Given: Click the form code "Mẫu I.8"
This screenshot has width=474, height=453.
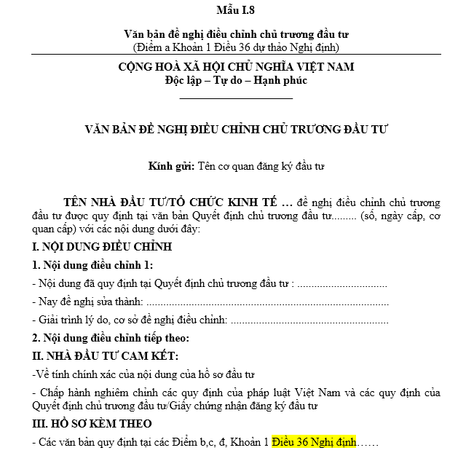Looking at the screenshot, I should coord(236,10).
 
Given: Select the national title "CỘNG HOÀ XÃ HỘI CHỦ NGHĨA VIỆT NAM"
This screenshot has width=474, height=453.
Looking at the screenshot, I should coord(236,67).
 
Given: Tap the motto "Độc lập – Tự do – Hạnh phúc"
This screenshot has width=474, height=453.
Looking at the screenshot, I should coord(236,80).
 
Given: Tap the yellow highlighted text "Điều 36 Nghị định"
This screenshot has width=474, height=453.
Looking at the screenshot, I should coord(315,441).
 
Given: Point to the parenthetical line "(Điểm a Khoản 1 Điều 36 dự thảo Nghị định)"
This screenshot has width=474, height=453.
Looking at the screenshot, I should coord(236,47).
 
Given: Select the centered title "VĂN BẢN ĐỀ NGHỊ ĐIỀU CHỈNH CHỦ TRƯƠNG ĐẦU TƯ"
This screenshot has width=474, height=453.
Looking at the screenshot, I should coord(237,130).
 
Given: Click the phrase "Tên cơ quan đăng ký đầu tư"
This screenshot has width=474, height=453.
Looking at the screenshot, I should coord(261,166).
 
